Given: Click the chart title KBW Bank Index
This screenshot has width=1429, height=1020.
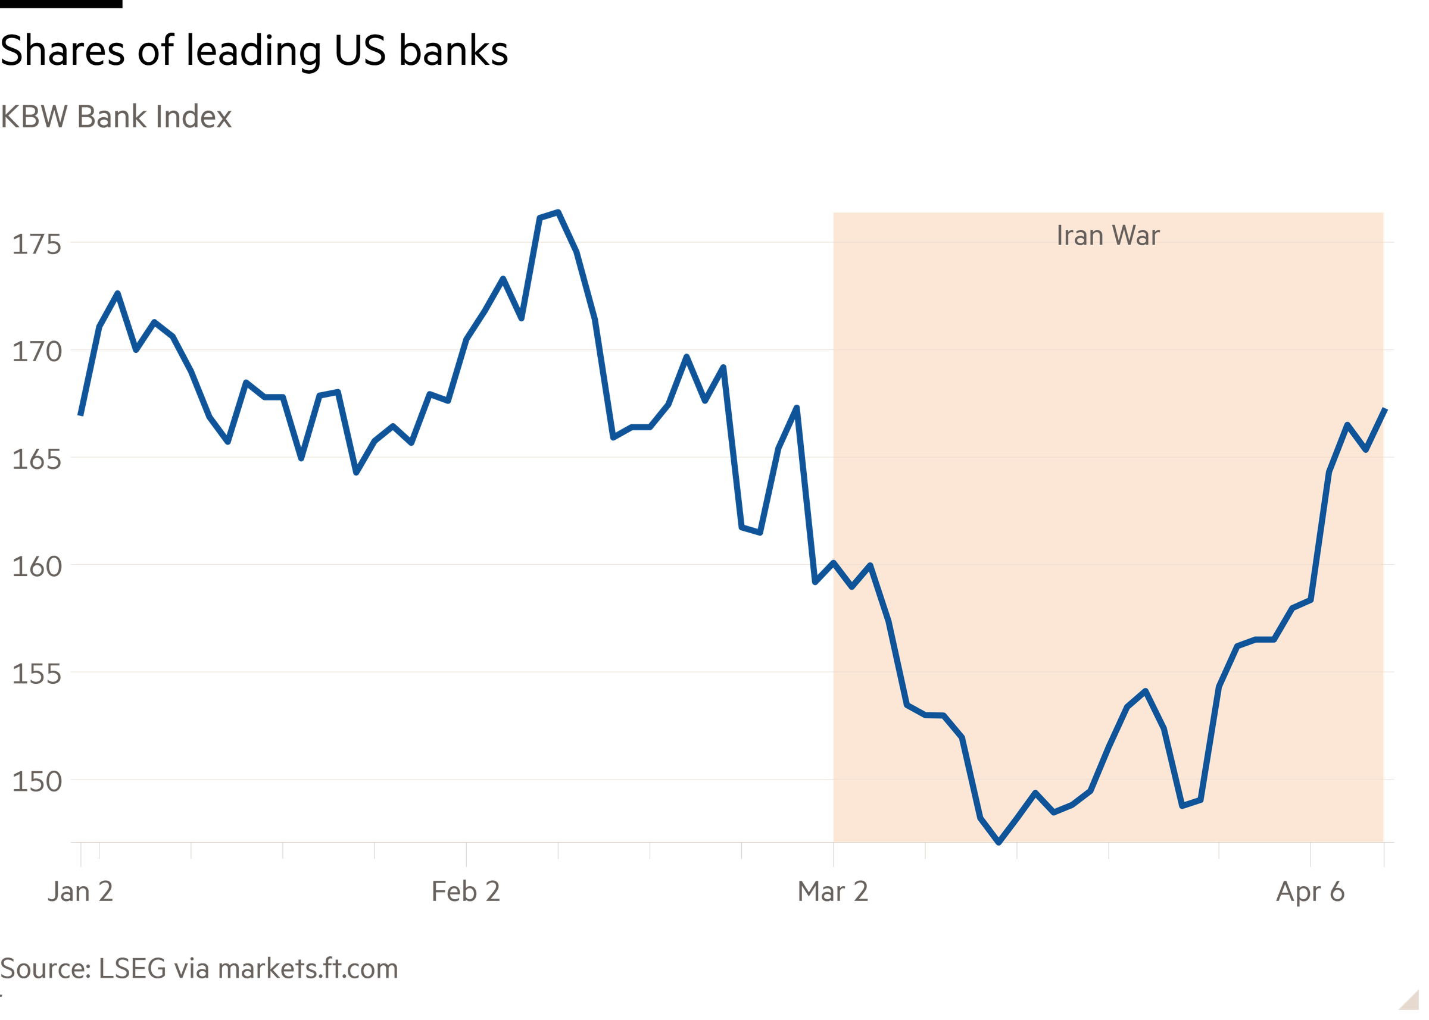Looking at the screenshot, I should [117, 117].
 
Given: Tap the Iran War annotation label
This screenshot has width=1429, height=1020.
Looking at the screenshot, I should [1107, 236].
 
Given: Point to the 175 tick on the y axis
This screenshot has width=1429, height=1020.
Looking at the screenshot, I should [37, 245].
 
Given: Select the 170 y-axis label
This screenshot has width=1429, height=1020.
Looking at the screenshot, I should [37, 352].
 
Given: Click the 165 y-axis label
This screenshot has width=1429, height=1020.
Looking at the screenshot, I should [37, 460].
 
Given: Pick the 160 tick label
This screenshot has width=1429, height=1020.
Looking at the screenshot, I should [37, 567].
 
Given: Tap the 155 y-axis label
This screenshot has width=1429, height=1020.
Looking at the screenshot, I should [37, 674].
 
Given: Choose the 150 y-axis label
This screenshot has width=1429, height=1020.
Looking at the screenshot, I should [37, 782].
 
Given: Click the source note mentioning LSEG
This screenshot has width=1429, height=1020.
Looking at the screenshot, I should [199, 969].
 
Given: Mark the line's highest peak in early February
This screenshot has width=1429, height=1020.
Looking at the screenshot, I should [557, 212].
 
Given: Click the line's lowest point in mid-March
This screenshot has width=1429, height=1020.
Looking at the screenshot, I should [999, 843].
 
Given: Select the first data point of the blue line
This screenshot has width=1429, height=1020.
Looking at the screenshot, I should [80, 415].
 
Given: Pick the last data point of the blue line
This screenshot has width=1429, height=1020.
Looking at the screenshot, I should [1385, 409].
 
